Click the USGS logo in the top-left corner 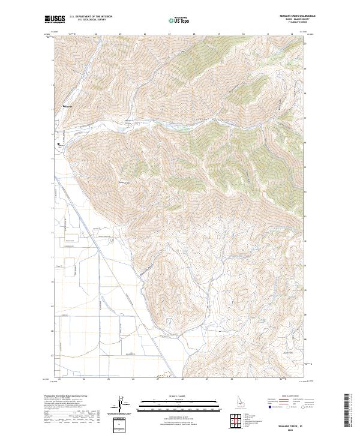[55, 20]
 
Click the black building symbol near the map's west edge [59, 144]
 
